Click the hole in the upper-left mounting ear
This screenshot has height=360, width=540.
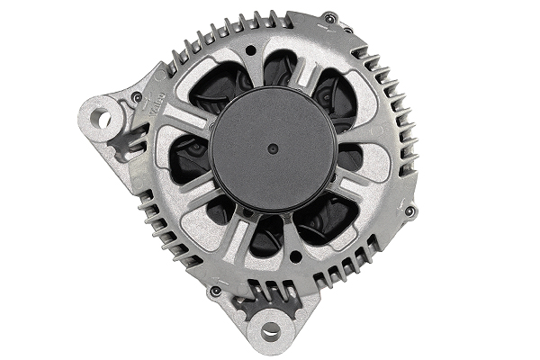coord(103,117)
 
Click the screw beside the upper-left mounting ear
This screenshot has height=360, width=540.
coord(137,96)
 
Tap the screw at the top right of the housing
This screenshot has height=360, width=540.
coord(330,17)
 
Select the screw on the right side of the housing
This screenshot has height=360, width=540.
coord(409,211)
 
